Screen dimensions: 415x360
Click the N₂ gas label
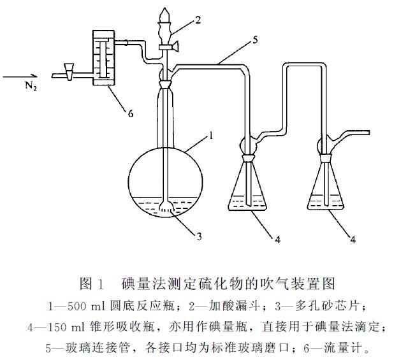click(x=31, y=86)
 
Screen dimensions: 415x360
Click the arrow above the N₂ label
click(x=18, y=76)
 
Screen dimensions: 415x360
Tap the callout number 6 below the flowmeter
click(x=131, y=114)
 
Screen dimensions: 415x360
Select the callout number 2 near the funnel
click(x=198, y=20)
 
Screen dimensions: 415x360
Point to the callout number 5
click(x=255, y=40)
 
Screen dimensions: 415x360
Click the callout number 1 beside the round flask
click(x=211, y=136)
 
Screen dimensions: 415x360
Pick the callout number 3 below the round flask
click(x=199, y=236)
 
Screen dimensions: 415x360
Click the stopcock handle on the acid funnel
click(x=174, y=47)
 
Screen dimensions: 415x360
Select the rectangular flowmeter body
click(x=103, y=58)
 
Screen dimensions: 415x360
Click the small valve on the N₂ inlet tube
click(x=69, y=71)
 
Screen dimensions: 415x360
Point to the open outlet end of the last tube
click(x=369, y=133)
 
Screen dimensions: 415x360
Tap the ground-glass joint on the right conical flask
click(x=326, y=158)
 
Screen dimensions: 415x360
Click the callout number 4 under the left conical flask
click(x=277, y=240)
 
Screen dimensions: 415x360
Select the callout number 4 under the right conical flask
click(x=353, y=240)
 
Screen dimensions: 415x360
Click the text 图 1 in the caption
click(x=91, y=284)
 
